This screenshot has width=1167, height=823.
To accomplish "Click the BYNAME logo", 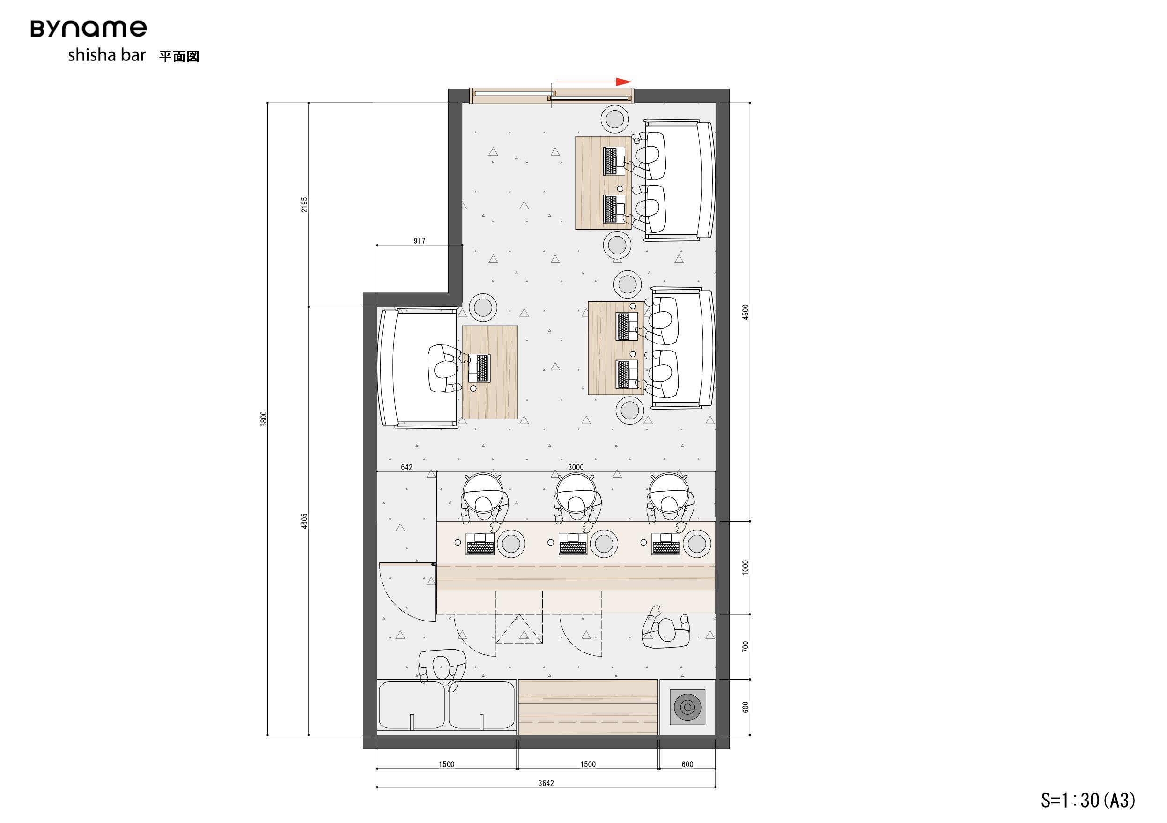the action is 89,29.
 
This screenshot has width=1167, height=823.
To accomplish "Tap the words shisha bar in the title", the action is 107,55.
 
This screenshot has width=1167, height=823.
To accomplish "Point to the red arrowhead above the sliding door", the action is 624,82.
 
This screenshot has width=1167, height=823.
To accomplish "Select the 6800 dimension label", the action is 263,419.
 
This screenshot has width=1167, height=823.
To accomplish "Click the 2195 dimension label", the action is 304,204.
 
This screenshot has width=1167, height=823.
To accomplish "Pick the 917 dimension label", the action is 419,240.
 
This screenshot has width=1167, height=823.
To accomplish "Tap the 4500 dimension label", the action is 746,312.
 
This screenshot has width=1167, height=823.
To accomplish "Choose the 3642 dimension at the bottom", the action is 546,783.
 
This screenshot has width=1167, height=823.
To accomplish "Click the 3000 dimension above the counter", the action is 576,467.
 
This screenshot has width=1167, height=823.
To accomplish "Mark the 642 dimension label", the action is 406,467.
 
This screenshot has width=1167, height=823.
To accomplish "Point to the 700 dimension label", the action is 746,646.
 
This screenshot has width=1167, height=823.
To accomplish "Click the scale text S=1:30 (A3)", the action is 1088,800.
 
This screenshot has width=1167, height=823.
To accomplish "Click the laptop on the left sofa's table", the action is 480,368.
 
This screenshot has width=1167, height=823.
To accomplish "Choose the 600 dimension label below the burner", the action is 687,764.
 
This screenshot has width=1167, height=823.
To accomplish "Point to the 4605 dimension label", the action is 304,521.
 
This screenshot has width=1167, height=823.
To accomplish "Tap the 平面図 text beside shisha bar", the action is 179,56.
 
